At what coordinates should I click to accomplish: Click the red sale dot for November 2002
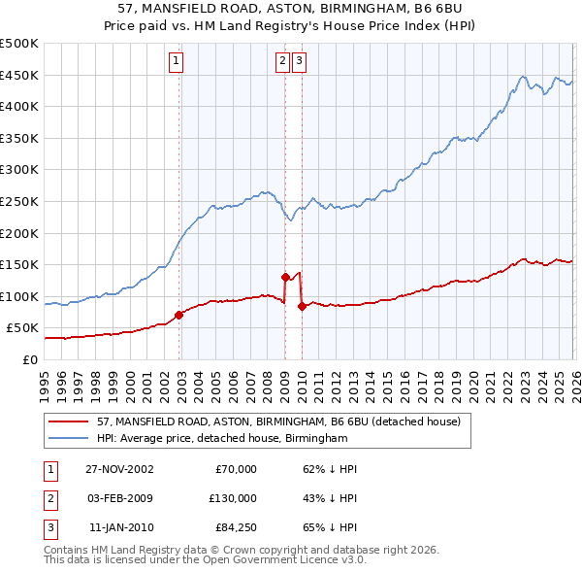[x=179, y=315]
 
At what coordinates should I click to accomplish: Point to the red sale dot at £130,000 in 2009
[x=285, y=277]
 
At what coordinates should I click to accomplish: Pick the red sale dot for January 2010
[x=302, y=306]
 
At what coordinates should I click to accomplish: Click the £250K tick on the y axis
[x=20, y=201]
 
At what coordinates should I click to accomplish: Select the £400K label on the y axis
[x=20, y=106]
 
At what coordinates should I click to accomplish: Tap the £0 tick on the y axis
[x=29, y=359]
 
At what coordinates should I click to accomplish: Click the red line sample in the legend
[x=71, y=422]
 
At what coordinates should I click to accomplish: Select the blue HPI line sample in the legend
[x=71, y=439]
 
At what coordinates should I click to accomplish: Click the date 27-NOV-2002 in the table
[x=118, y=469]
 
